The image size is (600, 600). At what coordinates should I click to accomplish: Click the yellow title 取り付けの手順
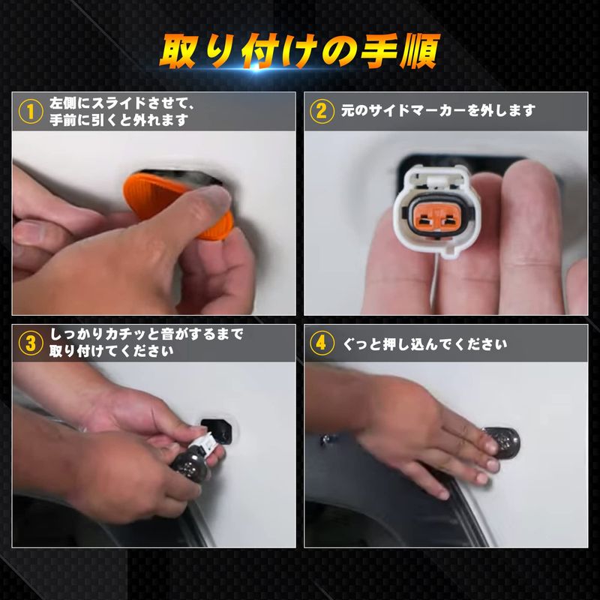299,51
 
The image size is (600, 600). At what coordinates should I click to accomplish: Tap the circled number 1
31,111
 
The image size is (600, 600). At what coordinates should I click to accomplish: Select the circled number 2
322,111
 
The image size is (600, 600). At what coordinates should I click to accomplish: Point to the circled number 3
31,343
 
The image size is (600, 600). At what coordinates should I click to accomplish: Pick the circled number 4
322,343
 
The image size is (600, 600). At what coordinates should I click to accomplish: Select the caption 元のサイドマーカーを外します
438,111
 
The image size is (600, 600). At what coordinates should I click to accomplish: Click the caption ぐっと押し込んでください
424,344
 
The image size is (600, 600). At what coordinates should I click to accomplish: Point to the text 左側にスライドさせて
121,103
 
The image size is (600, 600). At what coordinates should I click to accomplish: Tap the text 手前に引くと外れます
118,120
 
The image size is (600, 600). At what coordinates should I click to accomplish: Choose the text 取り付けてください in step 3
111,351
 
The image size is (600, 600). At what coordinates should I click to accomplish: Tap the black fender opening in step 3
219,430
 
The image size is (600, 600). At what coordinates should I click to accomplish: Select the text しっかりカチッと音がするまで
146,334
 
